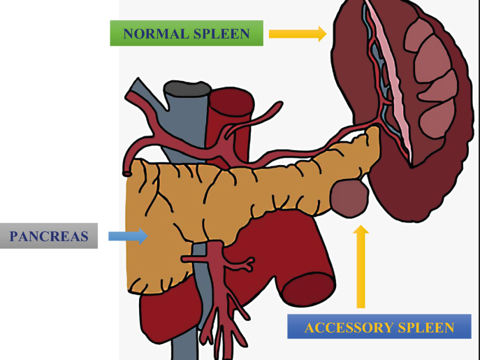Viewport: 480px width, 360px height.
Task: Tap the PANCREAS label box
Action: click(49, 236)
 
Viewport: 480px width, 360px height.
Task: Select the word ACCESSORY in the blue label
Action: click(340, 327)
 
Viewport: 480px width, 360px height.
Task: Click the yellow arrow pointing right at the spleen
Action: click(297, 33)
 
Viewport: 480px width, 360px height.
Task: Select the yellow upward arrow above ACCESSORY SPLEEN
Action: click(361, 266)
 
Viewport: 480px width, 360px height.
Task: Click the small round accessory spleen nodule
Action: click(349, 197)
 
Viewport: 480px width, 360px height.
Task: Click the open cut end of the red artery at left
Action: click(127, 172)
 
